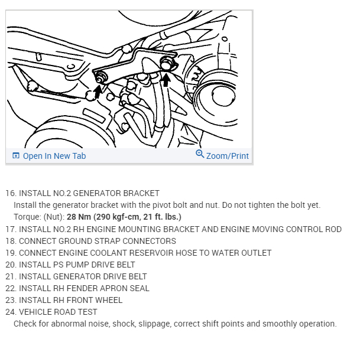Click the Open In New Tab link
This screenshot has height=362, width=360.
point(54,156)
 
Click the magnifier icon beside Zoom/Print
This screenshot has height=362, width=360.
point(200,154)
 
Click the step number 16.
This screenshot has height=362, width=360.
point(11,194)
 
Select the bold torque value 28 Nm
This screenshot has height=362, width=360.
point(79,217)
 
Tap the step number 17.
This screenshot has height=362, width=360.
point(11,229)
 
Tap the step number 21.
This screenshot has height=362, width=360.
point(11,276)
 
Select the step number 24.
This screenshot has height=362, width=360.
point(11,312)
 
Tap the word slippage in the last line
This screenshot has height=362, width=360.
point(161,324)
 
